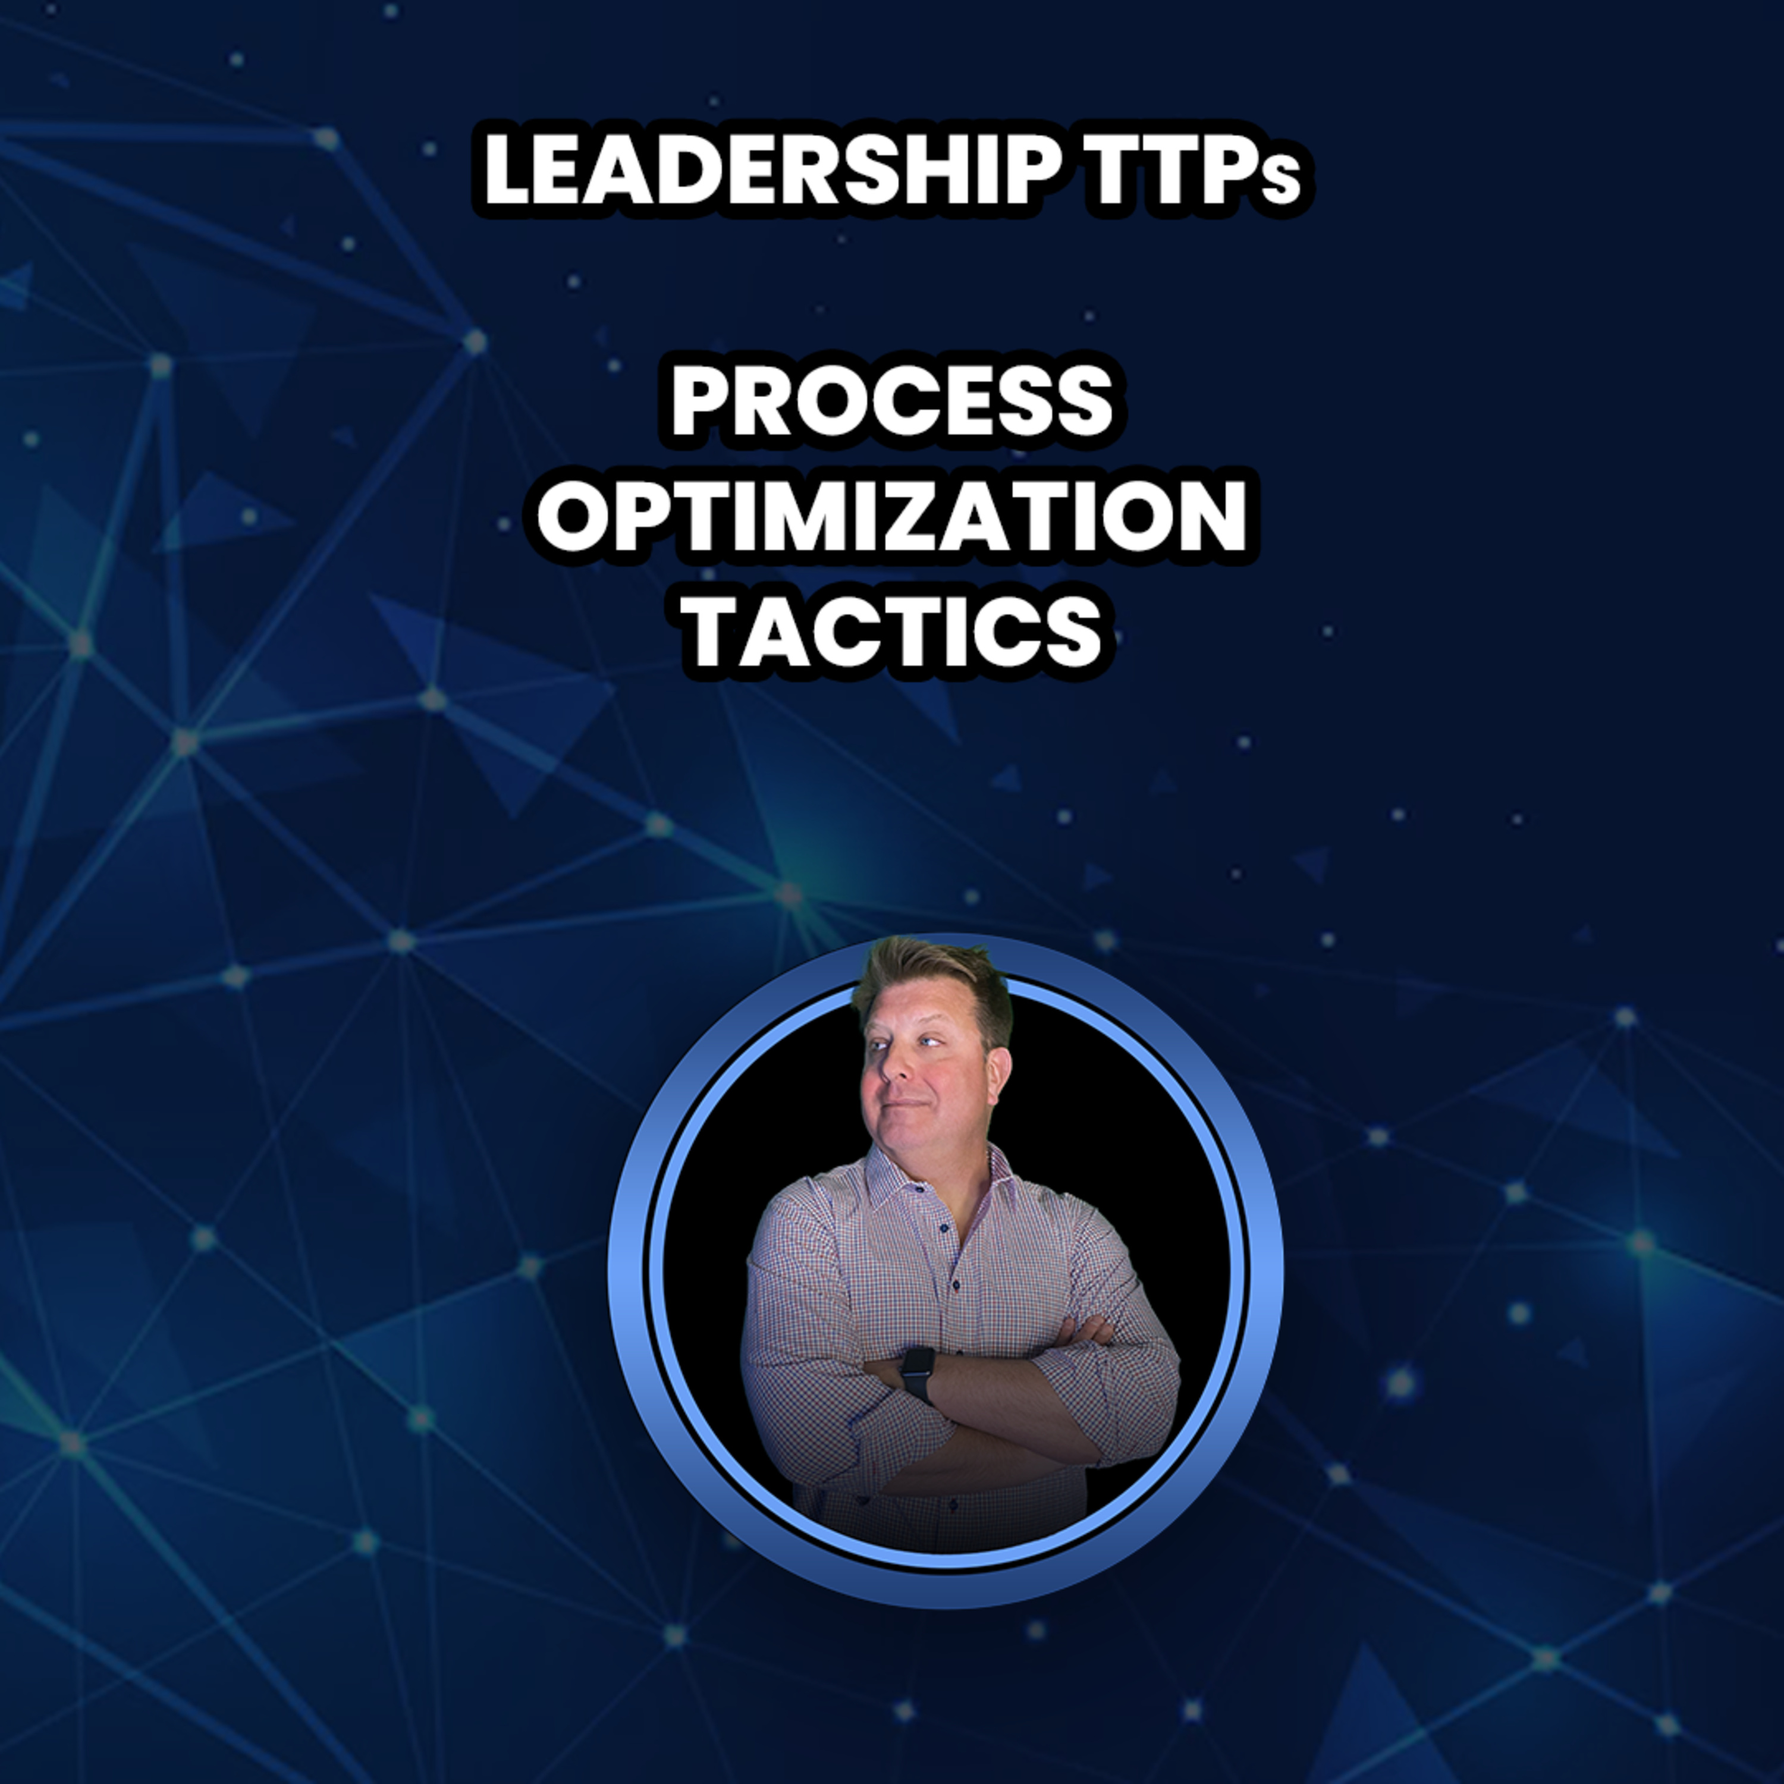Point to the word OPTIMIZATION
[x=892, y=515]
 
